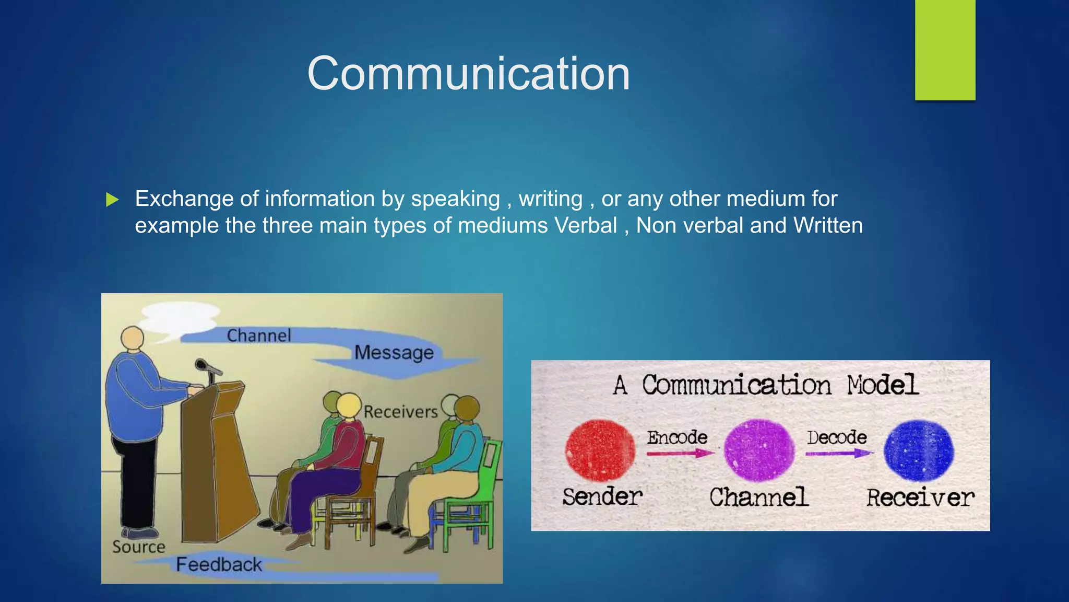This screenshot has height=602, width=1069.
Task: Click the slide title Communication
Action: pyautogui.click(x=468, y=74)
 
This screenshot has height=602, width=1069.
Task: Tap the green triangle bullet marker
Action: pyautogui.click(x=112, y=200)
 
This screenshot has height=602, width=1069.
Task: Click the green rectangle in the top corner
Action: pyautogui.click(x=945, y=50)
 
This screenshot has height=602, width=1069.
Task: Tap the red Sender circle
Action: pyautogui.click(x=600, y=450)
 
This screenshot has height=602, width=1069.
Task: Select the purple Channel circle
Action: pyautogui.click(x=759, y=450)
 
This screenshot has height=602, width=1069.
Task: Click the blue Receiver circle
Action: pyautogui.click(x=919, y=450)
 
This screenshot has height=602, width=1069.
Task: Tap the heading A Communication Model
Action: pyautogui.click(x=765, y=385)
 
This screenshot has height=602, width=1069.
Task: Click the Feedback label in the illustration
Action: pyautogui.click(x=219, y=565)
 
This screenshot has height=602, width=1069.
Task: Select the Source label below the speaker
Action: pyautogui.click(x=139, y=547)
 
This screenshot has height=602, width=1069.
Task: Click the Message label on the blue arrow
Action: pyautogui.click(x=394, y=353)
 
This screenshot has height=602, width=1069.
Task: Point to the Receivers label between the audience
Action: pyautogui.click(x=400, y=412)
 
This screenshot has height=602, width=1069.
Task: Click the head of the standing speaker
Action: pyautogui.click(x=133, y=338)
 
